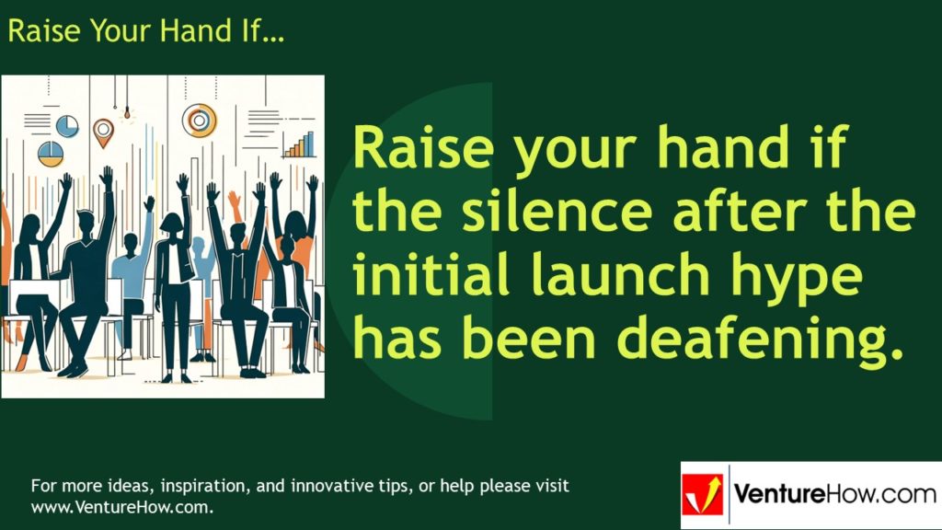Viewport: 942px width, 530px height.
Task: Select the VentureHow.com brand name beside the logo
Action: point(833,495)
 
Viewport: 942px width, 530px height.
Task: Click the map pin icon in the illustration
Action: point(103,130)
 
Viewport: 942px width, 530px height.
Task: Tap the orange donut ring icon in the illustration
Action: point(199,119)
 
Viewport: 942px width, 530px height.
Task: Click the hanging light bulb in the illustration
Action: point(126,115)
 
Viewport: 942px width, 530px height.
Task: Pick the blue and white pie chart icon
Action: point(67,125)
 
